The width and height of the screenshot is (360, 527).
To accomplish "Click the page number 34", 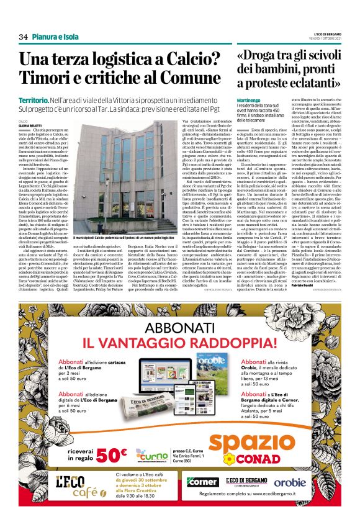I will click(x=24, y=37).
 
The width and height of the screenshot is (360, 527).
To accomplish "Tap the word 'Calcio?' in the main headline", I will click(x=187, y=60).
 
